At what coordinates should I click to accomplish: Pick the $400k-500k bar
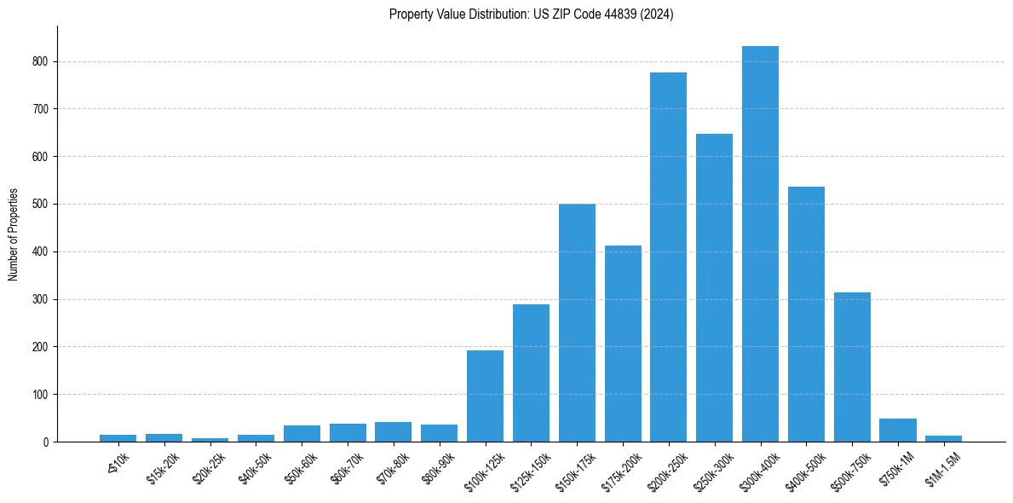tap(806, 315)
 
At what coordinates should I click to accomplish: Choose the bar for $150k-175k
tap(577, 323)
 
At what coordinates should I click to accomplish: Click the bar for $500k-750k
tap(852, 367)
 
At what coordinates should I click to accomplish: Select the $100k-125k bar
tap(485, 396)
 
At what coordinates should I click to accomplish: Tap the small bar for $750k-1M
tap(898, 431)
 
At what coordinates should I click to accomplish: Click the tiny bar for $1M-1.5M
tap(943, 439)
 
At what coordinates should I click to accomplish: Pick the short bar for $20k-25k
tap(210, 440)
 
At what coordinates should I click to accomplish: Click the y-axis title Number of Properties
tap(13, 234)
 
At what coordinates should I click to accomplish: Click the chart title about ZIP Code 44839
tap(531, 14)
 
